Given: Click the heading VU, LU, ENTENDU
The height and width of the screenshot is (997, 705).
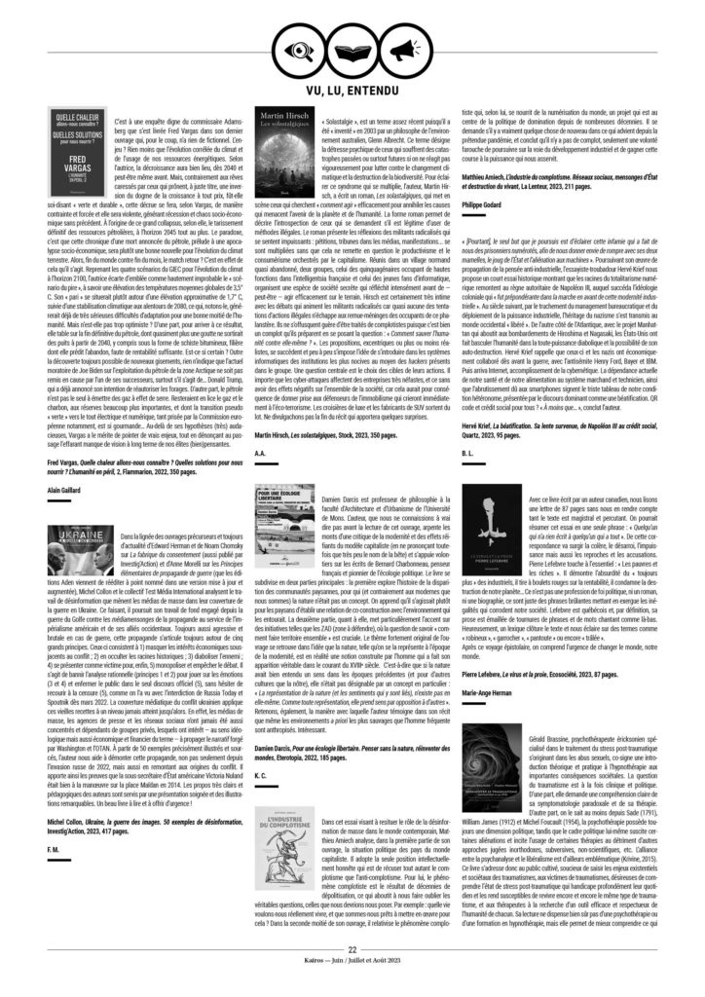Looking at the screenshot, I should tap(352, 89).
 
